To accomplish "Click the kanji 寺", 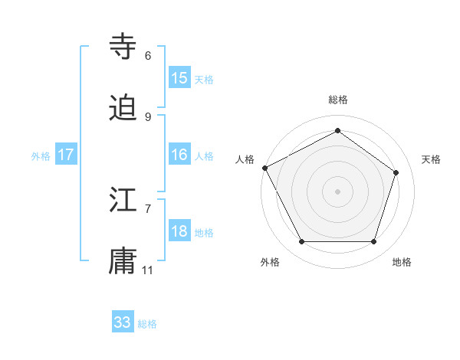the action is point(123,46).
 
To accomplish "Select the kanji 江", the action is point(123,201).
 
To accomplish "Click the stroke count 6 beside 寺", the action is point(148,56).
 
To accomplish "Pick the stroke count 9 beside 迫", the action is point(148,116).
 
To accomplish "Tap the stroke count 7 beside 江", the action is point(148,208).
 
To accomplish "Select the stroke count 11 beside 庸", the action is point(148,270).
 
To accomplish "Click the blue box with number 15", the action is point(179,78).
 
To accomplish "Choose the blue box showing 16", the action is point(179,155).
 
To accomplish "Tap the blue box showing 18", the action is point(179,231).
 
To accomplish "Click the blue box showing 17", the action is point(66,155).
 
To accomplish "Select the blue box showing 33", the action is point(123,322).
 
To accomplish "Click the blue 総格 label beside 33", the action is point(148,324).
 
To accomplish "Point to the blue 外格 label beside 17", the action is point(41,156).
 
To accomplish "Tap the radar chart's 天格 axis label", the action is point(432,159).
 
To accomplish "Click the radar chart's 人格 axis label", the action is point(245,159).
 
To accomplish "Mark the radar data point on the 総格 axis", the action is point(337,131).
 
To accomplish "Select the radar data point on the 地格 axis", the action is point(373,241).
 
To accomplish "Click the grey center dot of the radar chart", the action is point(337,191).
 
